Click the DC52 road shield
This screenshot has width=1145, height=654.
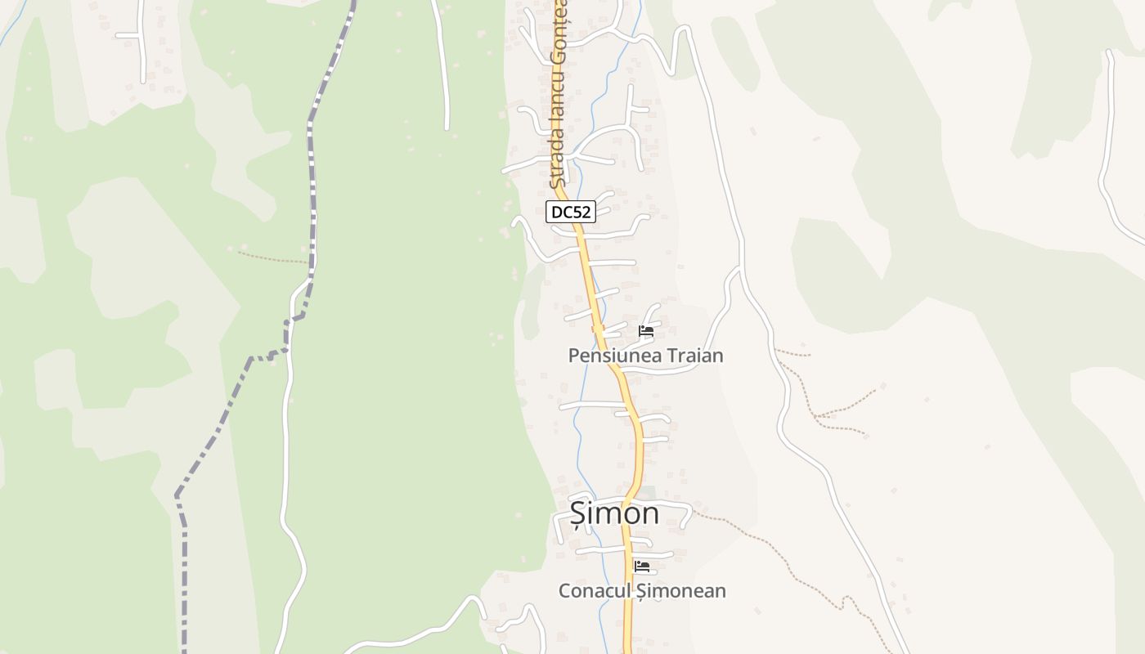pyautogui.click(x=571, y=212)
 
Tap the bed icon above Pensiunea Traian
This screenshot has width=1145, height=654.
pyautogui.click(x=646, y=332)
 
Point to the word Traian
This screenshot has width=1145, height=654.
pyautogui.click(x=694, y=356)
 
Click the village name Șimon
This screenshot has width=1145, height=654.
pyautogui.click(x=614, y=513)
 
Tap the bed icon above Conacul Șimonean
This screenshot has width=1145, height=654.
pyautogui.click(x=642, y=566)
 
